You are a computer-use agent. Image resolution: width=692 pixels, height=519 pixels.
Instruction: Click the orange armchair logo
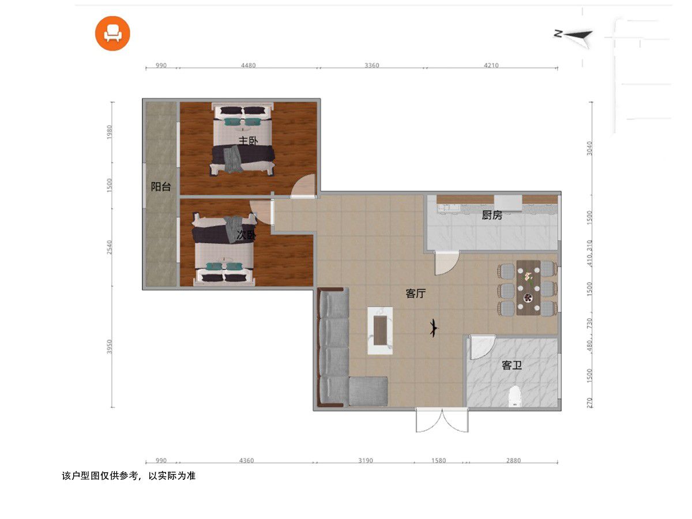pyautogui.click(x=112, y=33)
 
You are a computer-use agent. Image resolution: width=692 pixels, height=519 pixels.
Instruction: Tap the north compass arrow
pyautogui.click(x=574, y=36)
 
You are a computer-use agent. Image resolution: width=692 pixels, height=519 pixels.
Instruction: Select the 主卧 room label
pyautogui.click(x=248, y=141)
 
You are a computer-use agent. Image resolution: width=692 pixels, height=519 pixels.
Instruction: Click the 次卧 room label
pyautogui.click(x=246, y=235)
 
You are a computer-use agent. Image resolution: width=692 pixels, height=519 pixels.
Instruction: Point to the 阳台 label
pyautogui.click(x=161, y=186)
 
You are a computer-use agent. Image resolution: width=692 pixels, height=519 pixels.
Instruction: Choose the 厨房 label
pyautogui.click(x=492, y=215)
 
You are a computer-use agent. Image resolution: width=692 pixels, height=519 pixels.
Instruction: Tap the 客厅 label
pyautogui.click(x=416, y=294)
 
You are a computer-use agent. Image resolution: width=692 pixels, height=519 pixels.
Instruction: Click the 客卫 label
pyautogui.click(x=512, y=365)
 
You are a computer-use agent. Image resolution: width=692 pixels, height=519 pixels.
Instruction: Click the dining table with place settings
pyautogui.click(x=528, y=288)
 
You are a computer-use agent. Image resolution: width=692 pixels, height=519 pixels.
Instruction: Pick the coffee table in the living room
pyautogui.click(x=380, y=330)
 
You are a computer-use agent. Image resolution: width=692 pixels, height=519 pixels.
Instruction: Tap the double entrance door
pyautogui.click(x=442, y=420)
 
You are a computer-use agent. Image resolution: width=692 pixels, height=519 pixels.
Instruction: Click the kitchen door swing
pyautogui.click(x=446, y=263)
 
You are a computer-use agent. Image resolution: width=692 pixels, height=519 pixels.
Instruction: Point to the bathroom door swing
pyautogui.click(x=482, y=347)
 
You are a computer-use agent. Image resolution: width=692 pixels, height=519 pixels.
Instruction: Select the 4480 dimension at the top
pyautogui.click(x=248, y=65)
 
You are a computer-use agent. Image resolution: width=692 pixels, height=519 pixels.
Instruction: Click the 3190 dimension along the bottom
pyautogui.click(x=366, y=460)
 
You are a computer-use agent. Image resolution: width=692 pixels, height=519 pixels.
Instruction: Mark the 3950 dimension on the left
pyautogui.click(x=109, y=347)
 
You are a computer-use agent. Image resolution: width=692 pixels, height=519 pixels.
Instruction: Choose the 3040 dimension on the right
pyautogui.click(x=589, y=148)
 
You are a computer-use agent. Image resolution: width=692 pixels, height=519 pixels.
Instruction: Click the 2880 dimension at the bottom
pyautogui.click(x=513, y=460)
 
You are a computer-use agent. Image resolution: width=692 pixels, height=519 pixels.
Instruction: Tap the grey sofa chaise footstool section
pyautogui.click(x=368, y=392)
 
